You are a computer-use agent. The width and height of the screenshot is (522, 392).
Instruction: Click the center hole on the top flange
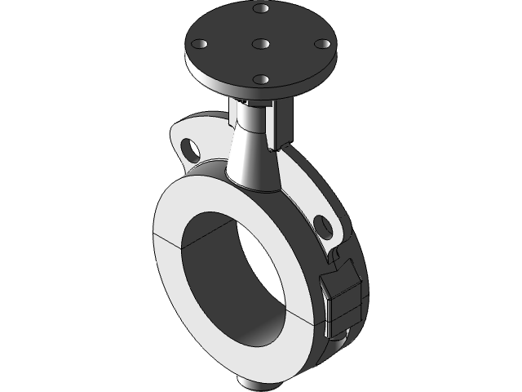(x=260, y=43)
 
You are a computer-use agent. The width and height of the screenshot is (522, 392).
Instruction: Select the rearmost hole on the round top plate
(x=261, y=8)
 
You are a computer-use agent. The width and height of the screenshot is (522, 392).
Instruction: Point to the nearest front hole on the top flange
(x=261, y=79)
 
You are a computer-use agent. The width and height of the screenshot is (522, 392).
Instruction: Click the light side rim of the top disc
(x=245, y=92)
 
